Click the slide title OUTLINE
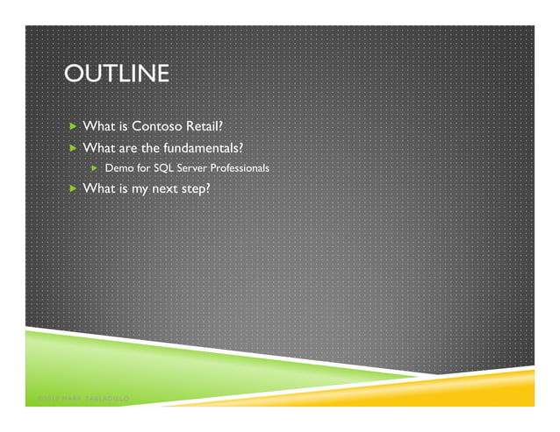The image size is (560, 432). (x=116, y=75)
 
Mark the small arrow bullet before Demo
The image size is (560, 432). (x=96, y=166)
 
